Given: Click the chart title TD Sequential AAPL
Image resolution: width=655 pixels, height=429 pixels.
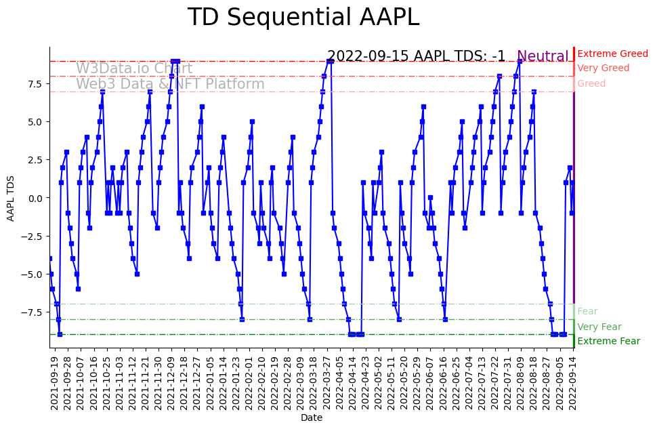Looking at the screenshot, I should [x=303, y=18].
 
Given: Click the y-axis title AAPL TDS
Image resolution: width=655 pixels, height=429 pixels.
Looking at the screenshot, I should [x=11, y=198].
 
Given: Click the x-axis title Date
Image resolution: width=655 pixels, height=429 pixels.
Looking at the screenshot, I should [x=312, y=418].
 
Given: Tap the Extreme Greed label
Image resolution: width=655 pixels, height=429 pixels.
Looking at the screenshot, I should [x=612, y=54].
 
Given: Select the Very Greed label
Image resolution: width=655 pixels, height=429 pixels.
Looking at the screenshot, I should [x=603, y=68].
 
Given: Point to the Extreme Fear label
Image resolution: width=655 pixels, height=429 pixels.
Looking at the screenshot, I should [x=608, y=342].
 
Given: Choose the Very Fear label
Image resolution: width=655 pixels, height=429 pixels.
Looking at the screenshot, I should [x=599, y=327].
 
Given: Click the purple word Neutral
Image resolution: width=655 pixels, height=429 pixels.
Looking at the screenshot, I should [x=543, y=57].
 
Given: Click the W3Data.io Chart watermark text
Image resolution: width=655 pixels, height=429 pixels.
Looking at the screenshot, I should [x=134, y=68].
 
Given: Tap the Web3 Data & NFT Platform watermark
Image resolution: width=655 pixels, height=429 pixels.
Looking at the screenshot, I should [x=170, y=84].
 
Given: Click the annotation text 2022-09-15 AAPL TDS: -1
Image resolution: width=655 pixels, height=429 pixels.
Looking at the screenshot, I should [x=416, y=56].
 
